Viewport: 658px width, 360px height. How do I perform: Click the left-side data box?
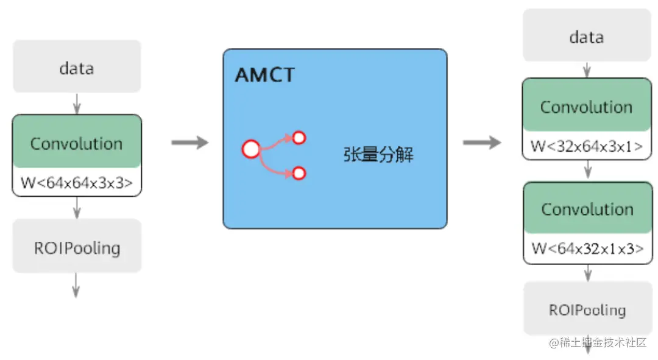(77, 67)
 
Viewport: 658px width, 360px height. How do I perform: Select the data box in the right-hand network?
(586, 37)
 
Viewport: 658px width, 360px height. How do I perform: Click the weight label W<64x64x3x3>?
(77, 183)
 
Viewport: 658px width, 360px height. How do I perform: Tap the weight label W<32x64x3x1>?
(587, 146)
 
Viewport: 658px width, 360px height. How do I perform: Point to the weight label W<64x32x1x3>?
(587, 249)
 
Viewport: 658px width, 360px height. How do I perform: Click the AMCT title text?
(264, 75)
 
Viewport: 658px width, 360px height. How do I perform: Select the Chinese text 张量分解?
(378, 154)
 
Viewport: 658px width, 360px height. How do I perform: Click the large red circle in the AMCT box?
(251, 149)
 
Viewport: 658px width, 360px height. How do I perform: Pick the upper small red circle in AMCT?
(299, 138)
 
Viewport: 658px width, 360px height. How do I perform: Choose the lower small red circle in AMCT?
(299, 174)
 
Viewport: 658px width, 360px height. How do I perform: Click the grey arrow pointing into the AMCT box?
(189, 143)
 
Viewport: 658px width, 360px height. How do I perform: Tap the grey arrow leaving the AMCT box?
(481, 143)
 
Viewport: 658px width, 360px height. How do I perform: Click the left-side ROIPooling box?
(77, 248)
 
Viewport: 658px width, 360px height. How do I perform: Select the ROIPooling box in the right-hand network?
(587, 309)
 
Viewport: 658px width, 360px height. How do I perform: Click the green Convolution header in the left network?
(77, 144)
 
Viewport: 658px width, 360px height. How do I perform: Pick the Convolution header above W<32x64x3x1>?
(587, 107)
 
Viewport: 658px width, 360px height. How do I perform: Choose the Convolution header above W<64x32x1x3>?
(587, 210)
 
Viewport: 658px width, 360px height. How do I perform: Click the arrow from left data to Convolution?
(76, 104)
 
